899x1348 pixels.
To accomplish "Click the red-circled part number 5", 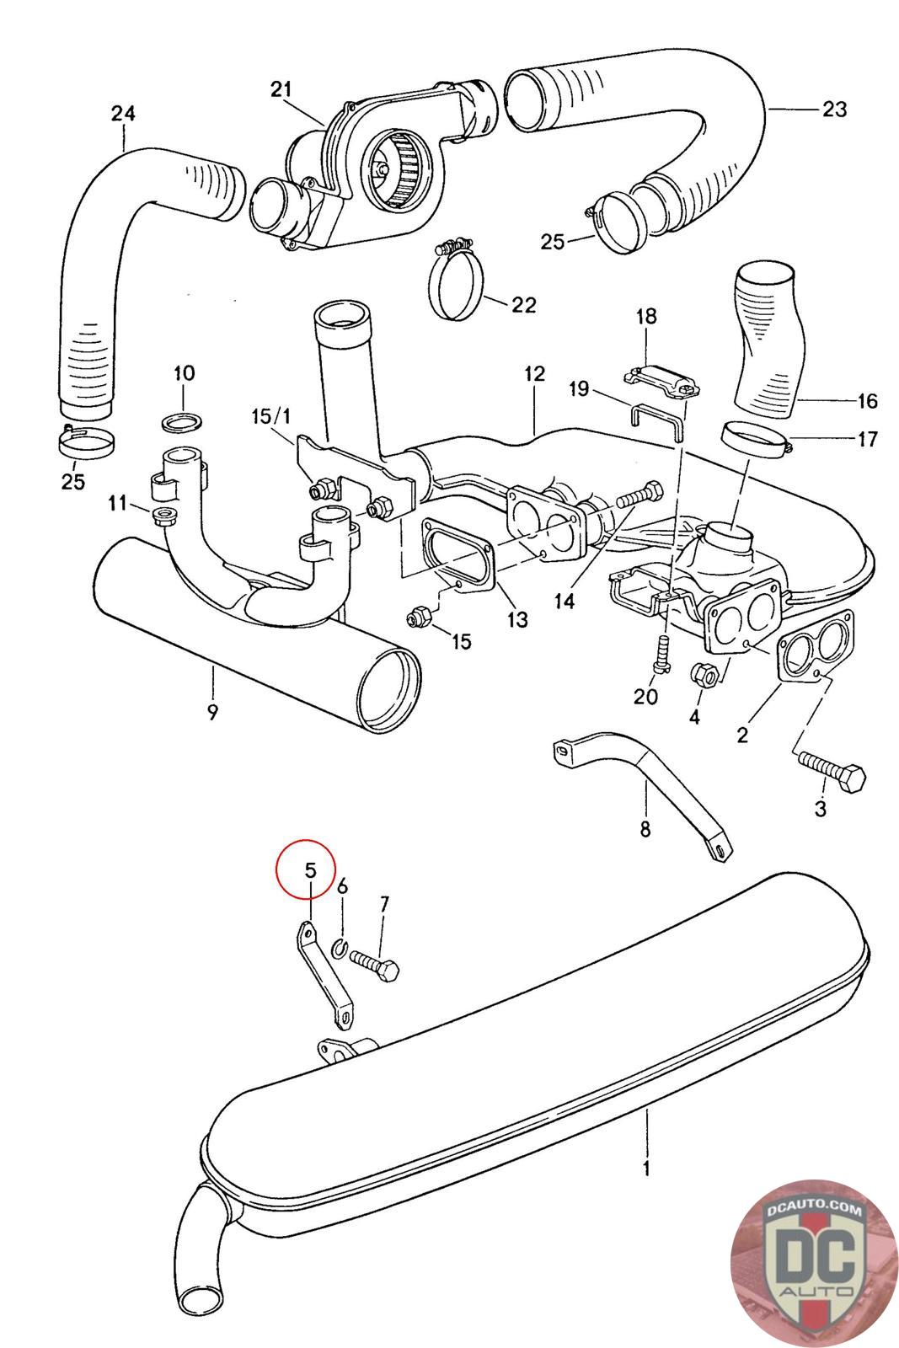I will pyautogui.click(x=308, y=869).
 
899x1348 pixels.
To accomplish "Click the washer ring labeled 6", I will pyautogui.click(x=340, y=949).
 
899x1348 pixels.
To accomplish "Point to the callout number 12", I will pyautogui.click(x=534, y=374).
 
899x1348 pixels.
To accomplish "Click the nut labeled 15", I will pyautogui.click(x=418, y=618).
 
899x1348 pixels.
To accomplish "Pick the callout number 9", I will pyautogui.click(x=212, y=713).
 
